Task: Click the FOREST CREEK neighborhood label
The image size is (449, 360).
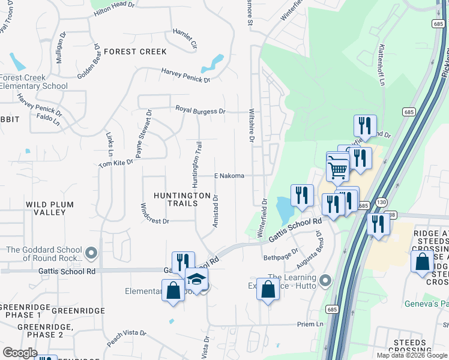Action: click(x=135, y=52)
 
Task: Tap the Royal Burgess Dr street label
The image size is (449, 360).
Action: click(x=200, y=110)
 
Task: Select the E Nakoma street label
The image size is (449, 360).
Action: click(x=229, y=176)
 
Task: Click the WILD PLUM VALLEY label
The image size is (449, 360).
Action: click(x=50, y=208)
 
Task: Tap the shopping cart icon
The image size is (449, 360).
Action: click(x=338, y=169)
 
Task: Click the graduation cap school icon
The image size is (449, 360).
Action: click(x=196, y=278)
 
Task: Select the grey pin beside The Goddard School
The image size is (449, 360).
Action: click(x=91, y=253)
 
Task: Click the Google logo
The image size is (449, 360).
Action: click(x=20, y=352)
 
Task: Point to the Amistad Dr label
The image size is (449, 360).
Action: click(x=215, y=210)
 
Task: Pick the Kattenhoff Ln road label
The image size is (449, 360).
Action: click(x=381, y=65)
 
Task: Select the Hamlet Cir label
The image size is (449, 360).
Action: click(x=185, y=38)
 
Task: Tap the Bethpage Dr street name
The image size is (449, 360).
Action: click(x=281, y=255)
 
